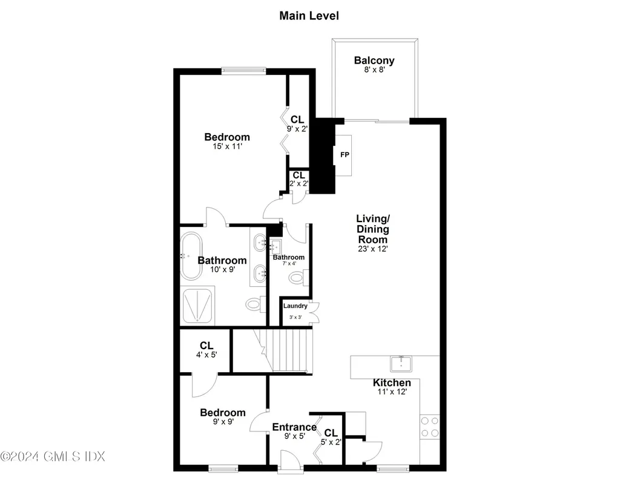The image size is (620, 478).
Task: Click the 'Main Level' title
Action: (309, 16)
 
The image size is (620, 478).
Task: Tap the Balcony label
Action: (374, 61)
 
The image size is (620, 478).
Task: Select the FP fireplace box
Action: (344, 155)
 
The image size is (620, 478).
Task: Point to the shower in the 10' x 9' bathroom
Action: (198, 307)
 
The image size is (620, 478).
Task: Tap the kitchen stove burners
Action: (429, 426)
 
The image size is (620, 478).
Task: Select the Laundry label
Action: (295, 306)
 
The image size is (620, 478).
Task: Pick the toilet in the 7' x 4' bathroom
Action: (296, 278)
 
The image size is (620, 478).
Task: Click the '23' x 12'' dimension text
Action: (372, 249)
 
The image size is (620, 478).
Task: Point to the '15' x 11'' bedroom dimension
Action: (226, 146)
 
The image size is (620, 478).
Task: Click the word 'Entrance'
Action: (294, 427)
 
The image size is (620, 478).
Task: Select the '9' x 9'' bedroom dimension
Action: (222, 422)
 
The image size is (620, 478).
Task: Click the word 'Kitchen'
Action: (391, 382)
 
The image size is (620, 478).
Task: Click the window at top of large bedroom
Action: (243, 71)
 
